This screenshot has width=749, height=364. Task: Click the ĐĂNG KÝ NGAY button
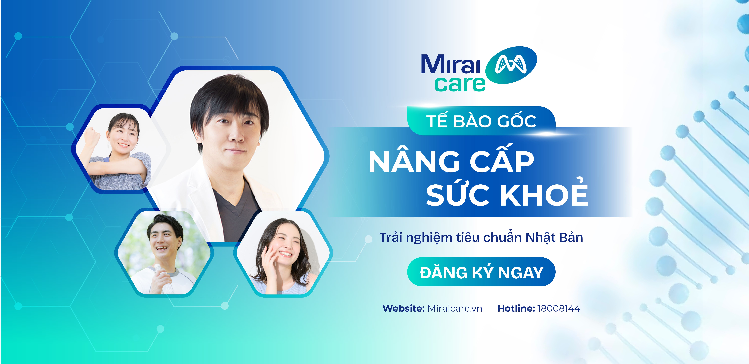481,272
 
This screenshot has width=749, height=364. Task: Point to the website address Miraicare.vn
455,308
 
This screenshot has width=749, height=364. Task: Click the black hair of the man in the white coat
230,96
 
